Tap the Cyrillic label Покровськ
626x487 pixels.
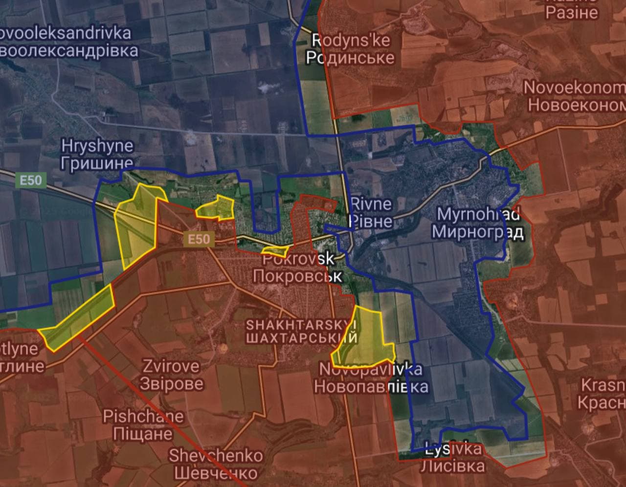[297, 276]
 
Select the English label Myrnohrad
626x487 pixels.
[478, 214]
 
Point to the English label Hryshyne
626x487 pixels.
[97, 146]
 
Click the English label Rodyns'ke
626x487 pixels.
[351, 40]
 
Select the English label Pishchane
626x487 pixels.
[143, 417]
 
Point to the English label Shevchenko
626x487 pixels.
[216, 456]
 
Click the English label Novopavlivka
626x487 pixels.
[370, 370]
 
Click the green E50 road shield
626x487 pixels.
[30, 181]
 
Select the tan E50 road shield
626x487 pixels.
[199, 239]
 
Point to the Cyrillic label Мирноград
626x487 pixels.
[478, 232]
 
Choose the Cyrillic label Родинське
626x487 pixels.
[351, 57]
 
